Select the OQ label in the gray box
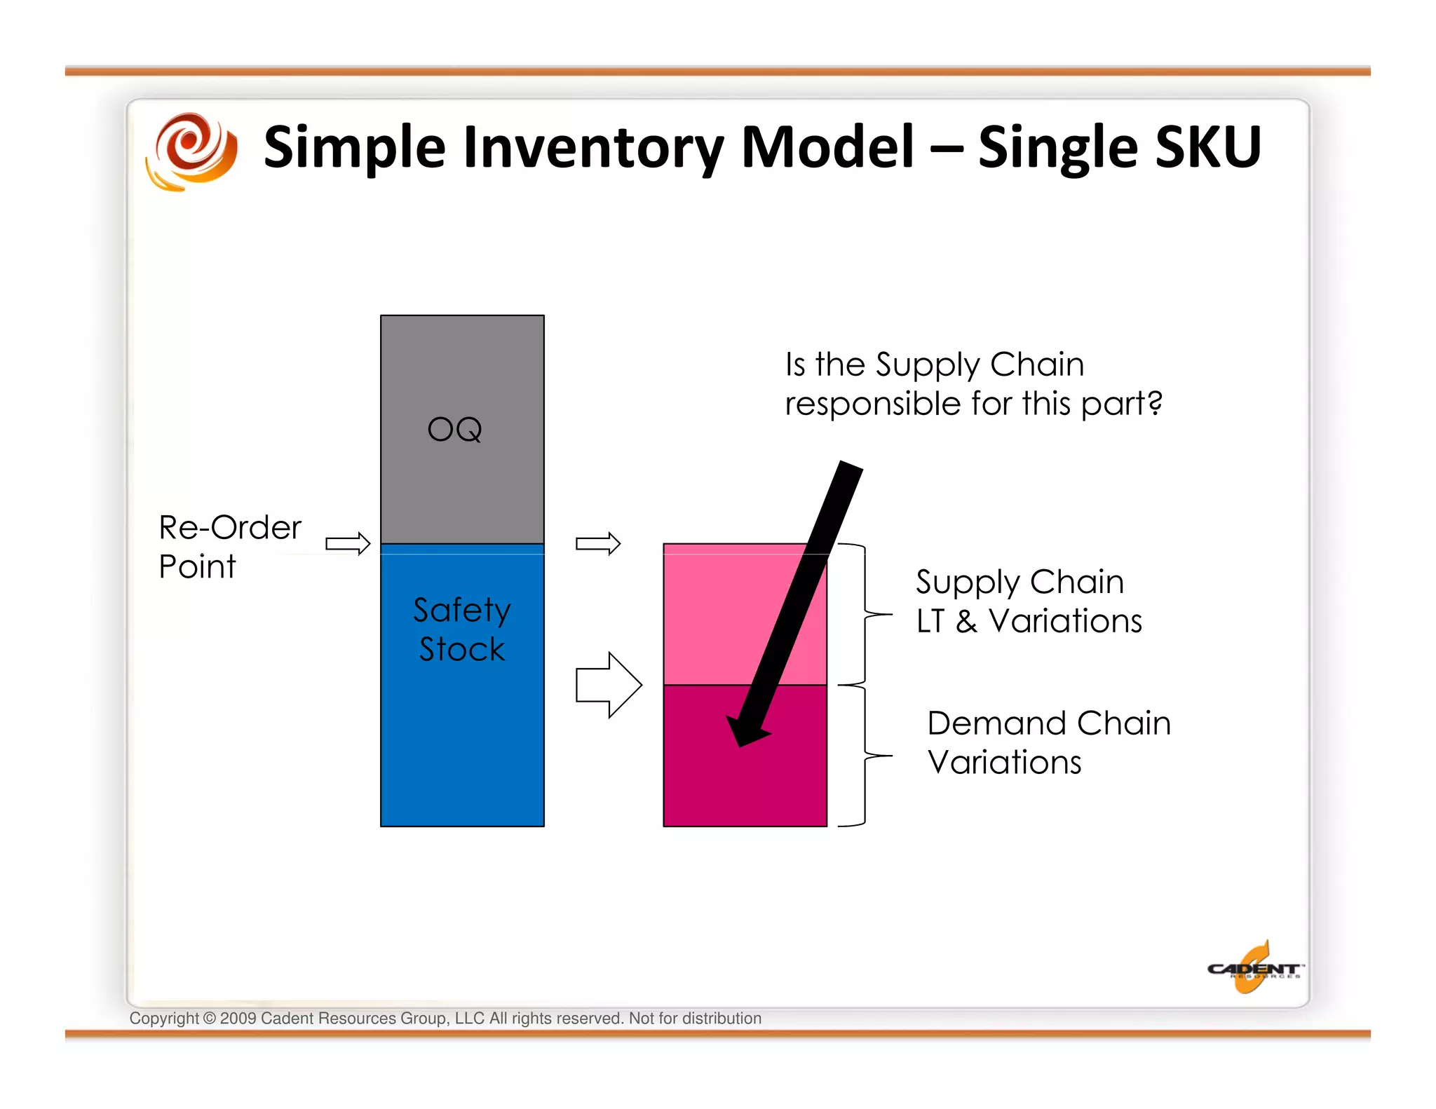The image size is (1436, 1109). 455,429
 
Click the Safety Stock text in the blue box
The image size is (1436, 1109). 461,629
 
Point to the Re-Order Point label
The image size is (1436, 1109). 229,546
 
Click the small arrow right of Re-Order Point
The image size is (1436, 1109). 348,543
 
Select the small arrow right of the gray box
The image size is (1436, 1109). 598,543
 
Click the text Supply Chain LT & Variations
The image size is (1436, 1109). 1028,601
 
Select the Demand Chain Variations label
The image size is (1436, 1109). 1048,742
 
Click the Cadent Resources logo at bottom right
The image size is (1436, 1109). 1254,969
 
